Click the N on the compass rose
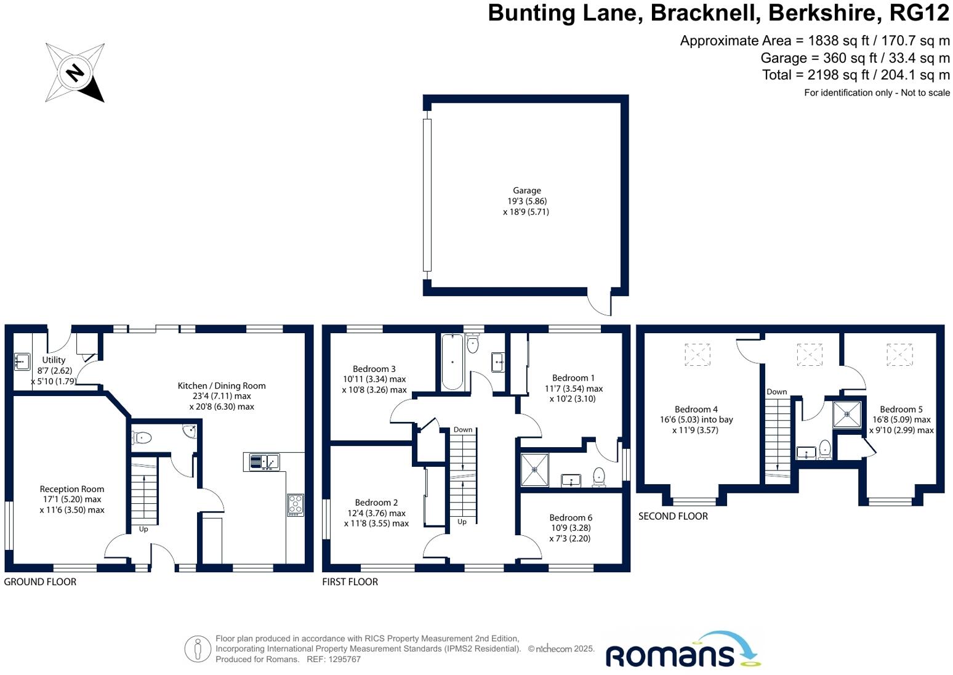coord(75,72)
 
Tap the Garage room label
coord(527,190)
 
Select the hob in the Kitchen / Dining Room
coord(296,505)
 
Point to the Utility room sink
coord(22,362)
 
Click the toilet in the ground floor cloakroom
coord(142,437)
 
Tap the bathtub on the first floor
coord(452,362)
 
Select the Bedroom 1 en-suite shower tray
coord(535,470)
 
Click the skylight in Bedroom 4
coord(698,355)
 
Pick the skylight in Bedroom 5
coord(899,355)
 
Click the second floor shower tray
coord(847,414)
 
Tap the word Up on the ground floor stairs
coord(143,529)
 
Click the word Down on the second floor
coord(776,392)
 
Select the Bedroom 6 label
coord(571,517)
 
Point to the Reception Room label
coord(72,489)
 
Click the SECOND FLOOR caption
coord(673,516)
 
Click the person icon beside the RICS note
coord(198,649)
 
